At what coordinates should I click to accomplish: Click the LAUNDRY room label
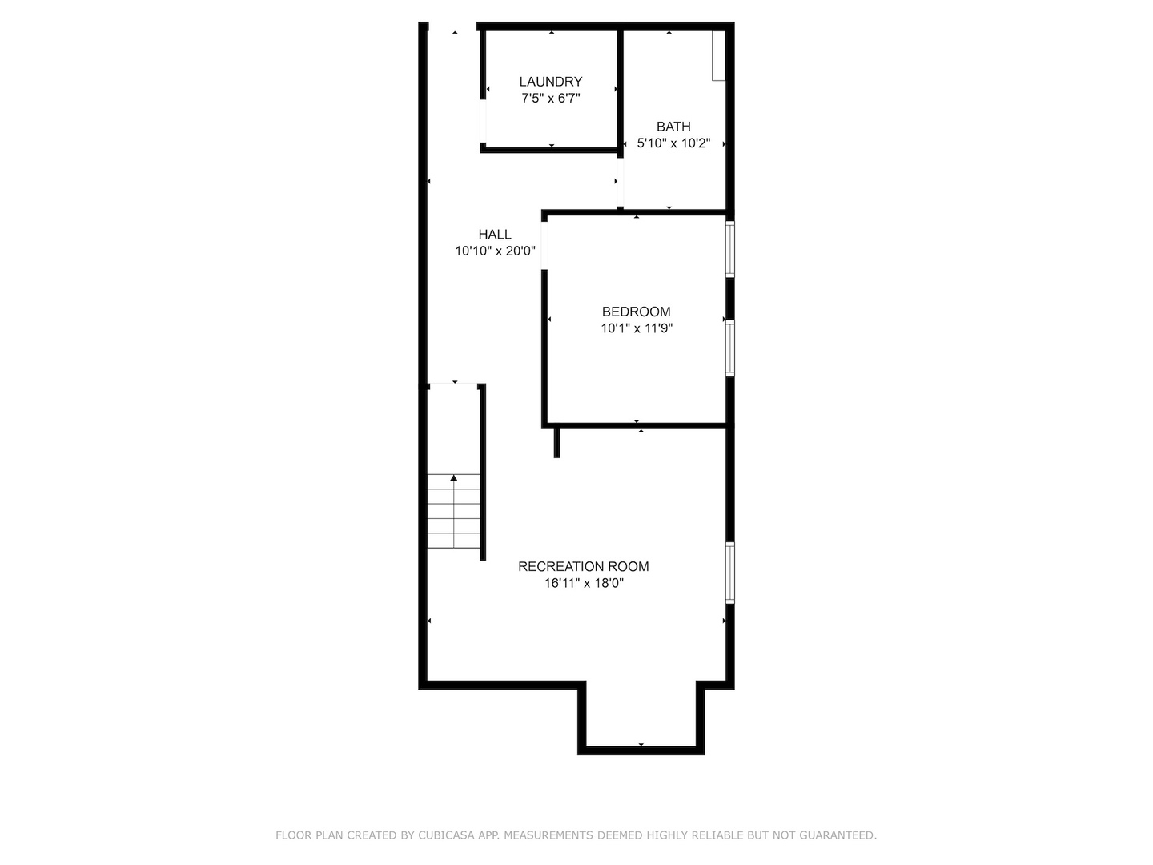(551, 82)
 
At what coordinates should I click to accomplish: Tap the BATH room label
(673, 127)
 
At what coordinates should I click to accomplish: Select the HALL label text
(495, 235)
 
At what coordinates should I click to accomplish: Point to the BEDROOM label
(637, 312)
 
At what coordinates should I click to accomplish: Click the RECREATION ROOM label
(584, 566)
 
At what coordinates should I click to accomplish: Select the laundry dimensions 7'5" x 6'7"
(551, 99)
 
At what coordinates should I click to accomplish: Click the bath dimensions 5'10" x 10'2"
(673, 144)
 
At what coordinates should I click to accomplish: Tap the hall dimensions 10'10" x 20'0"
(495, 251)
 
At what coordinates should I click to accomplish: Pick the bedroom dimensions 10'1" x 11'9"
(637, 328)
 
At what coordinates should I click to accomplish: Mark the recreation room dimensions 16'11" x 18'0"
(584, 584)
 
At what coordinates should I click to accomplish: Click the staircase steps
(453, 513)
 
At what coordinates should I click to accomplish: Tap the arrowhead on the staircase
(454, 478)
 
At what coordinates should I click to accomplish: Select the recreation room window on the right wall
(729, 573)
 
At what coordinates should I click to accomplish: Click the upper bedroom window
(729, 249)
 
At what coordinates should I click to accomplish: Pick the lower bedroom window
(729, 348)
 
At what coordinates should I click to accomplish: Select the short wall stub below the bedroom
(557, 442)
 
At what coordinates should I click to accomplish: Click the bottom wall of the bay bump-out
(641, 750)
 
